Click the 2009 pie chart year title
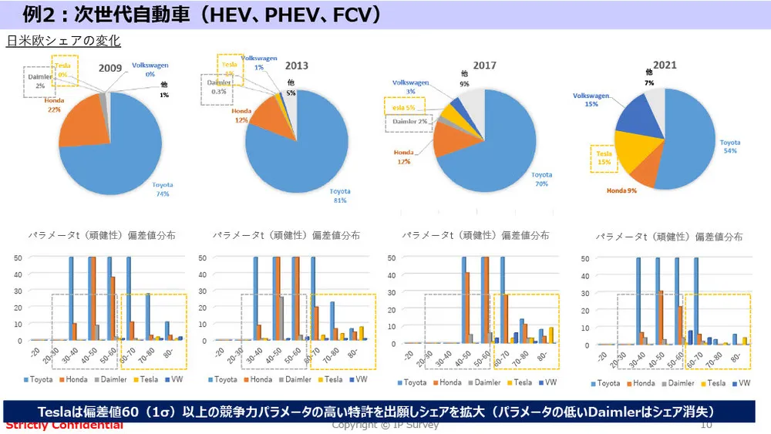pos(110,68)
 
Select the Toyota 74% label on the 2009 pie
pos(162,189)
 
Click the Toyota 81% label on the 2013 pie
pos(339,196)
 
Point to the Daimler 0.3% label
pos(219,87)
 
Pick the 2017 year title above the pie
pos(484,66)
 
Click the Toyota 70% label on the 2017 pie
pos(542,179)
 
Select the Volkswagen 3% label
pos(410,86)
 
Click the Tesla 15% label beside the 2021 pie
pos(605,157)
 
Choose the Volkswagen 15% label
pos(591,99)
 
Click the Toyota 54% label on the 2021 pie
pos(729,146)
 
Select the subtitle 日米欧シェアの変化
pos(63,40)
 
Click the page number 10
pos(706,425)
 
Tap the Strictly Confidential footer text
pos(64,425)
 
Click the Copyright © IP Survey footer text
pos(385,425)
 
